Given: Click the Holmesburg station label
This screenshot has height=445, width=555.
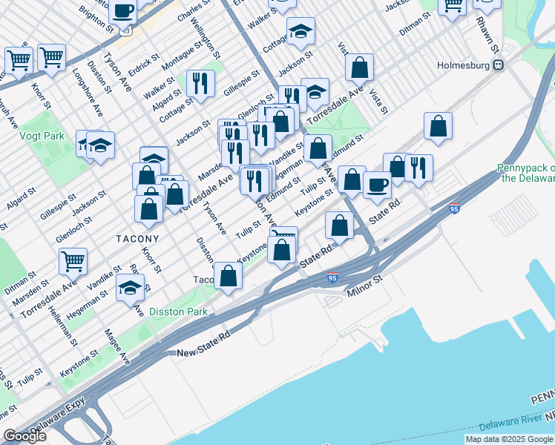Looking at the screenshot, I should click(465, 65).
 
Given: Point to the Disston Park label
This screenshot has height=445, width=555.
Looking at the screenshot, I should click(178, 312).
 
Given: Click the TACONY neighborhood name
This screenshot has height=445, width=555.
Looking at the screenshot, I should click(137, 239).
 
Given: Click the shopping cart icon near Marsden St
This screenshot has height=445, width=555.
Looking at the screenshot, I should click(73, 260).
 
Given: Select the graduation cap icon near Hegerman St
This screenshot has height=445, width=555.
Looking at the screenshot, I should click(130, 288).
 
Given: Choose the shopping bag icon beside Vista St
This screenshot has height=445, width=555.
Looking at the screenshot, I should click(359, 68).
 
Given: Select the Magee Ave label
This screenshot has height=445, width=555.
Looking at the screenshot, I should click(117, 346).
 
